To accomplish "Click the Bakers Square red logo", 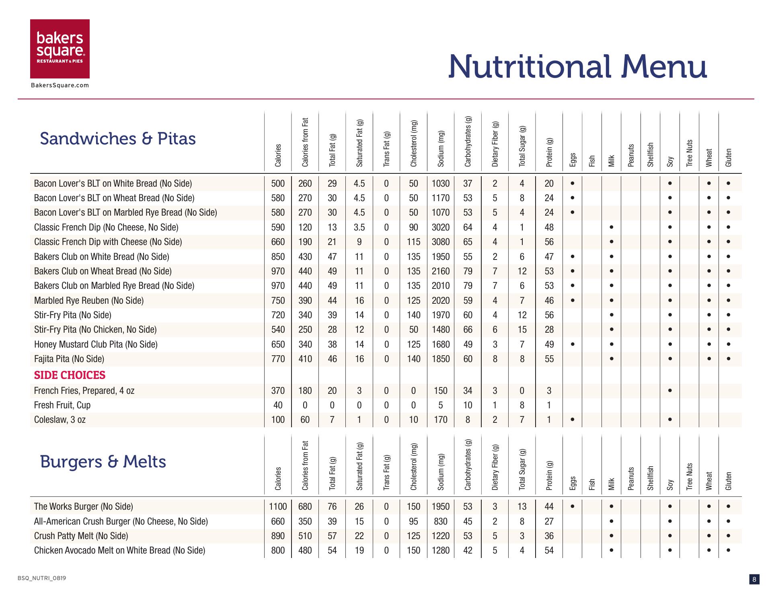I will (x=60, y=49).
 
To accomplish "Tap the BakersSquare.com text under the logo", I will (x=60, y=85).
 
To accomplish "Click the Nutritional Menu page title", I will (x=577, y=67).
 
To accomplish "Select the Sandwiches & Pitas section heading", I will (x=118, y=139).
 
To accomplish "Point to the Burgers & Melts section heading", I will (x=103, y=461).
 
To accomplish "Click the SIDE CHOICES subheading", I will (x=70, y=375).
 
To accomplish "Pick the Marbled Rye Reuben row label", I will (x=89, y=301).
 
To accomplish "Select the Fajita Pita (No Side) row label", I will (x=69, y=359).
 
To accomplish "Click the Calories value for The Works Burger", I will (x=278, y=507).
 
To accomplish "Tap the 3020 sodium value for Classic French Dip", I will (x=441, y=227).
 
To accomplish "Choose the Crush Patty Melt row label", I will (x=81, y=536).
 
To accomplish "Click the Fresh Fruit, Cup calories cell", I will (x=278, y=405).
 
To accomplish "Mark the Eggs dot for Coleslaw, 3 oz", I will (x=573, y=420).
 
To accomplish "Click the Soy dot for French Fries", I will (x=670, y=391).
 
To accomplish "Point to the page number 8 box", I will (x=754, y=579).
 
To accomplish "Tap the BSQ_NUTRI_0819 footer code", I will (x=42, y=578).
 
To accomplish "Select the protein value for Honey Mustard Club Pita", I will (x=549, y=344).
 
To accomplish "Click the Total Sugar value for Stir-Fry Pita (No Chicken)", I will (x=522, y=329).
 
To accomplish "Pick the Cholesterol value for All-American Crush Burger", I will (x=413, y=521).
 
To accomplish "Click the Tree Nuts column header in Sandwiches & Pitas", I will (x=690, y=153).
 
